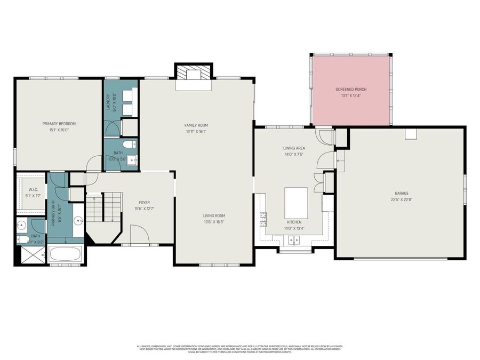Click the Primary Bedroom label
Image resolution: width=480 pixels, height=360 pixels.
59,124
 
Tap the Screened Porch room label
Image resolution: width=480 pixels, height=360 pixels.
350,89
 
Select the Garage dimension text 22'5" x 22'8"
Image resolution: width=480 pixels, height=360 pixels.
401,199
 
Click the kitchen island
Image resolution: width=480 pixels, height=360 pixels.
295,202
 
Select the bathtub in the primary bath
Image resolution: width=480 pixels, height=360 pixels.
65,254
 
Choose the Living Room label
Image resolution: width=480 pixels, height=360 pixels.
215,216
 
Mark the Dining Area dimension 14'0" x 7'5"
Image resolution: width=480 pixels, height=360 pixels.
294,154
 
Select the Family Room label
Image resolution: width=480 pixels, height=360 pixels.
196,125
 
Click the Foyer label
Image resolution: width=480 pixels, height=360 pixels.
145,203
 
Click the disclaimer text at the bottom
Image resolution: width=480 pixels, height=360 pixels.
240,349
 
